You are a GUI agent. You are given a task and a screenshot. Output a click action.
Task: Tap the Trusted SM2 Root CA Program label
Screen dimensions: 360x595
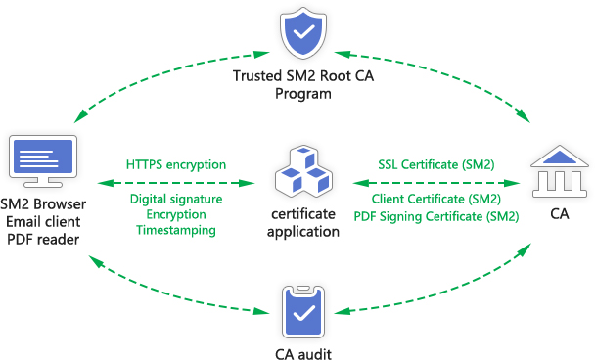[303, 85]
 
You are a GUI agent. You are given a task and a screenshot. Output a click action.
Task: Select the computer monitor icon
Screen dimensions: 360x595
[42, 162]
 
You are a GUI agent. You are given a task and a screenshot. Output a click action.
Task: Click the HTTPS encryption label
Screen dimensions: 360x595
[176, 163]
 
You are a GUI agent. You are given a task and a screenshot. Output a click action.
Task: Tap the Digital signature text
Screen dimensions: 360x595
[176, 200]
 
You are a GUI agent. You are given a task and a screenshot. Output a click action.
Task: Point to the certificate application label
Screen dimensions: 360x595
[305, 223]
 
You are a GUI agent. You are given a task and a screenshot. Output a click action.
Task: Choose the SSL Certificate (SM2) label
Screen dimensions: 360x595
[436, 163]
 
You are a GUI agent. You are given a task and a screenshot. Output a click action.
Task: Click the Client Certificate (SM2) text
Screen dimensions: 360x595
[436, 200]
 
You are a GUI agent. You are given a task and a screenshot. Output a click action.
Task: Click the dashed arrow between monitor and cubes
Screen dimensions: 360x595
[177, 182]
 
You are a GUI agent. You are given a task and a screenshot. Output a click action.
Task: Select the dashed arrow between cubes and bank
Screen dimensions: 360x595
[435, 182]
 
